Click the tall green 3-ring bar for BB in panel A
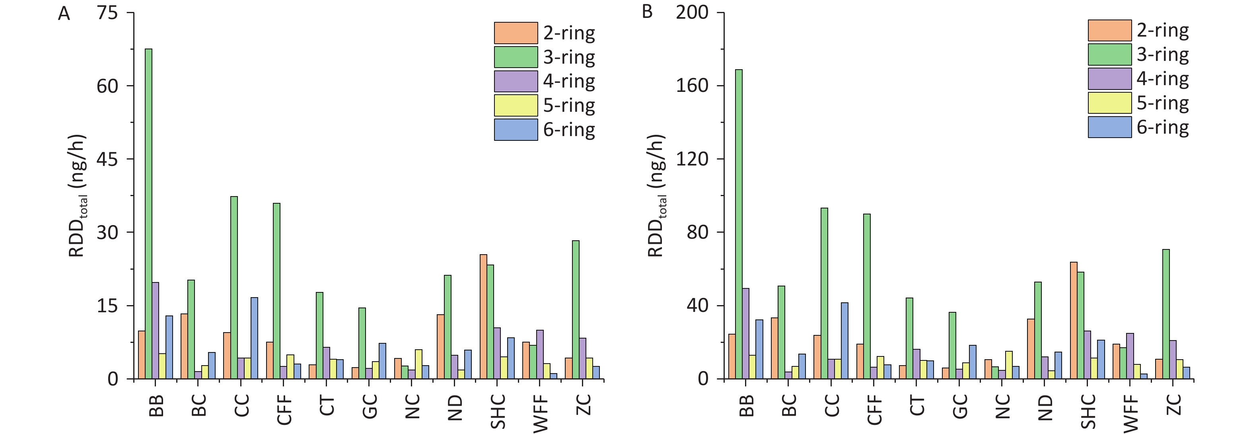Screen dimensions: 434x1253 coord(148,214)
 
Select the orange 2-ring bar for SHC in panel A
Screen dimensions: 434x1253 coord(483,316)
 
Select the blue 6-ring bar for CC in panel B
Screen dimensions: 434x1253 coord(844,341)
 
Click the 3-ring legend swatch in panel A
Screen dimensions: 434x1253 coord(516,57)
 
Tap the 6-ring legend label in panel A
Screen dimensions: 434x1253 coord(569,130)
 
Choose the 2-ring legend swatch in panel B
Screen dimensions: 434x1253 coord(1109,31)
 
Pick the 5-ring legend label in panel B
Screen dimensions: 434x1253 coord(1163,103)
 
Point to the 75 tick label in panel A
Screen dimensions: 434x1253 coord(107,13)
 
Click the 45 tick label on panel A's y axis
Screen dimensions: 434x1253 coord(107,159)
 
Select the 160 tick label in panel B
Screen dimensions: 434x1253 coord(692,86)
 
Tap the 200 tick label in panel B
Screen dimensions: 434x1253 coord(692,13)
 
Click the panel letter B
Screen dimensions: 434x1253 coord(647,12)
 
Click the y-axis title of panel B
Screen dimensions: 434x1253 coord(657,196)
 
